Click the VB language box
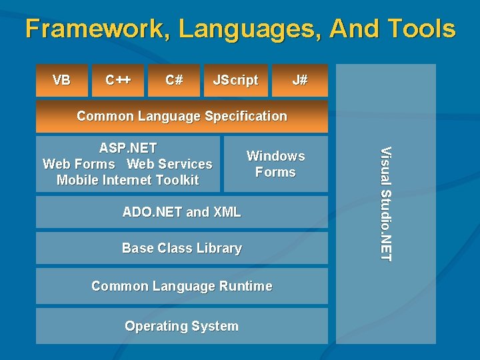pyautogui.click(x=61, y=81)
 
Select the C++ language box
pyautogui.click(x=118, y=81)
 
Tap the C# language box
pyautogui.click(x=174, y=81)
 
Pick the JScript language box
pyautogui.click(x=235, y=81)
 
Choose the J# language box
pyautogui.click(x=300, y=81)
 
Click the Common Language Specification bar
pyautogui.click(x=181, y=116)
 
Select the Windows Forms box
pyautogui.click(x=275, y=164)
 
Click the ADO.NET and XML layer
pyautogui.click(x=181, y=213)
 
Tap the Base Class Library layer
pyautogui.click(x=181, y=248)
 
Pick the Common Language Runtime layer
pyautogui.click(x=181, y=286)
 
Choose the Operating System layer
pyautogui.click(x=181, y=326)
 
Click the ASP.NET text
pyautogui.click(x=127, y=148)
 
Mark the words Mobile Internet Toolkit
pyautogui.click(x=127, y=180)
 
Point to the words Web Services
pyautogui.click(x=169, y=164)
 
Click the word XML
pyautogui.click(x=227, y=213)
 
